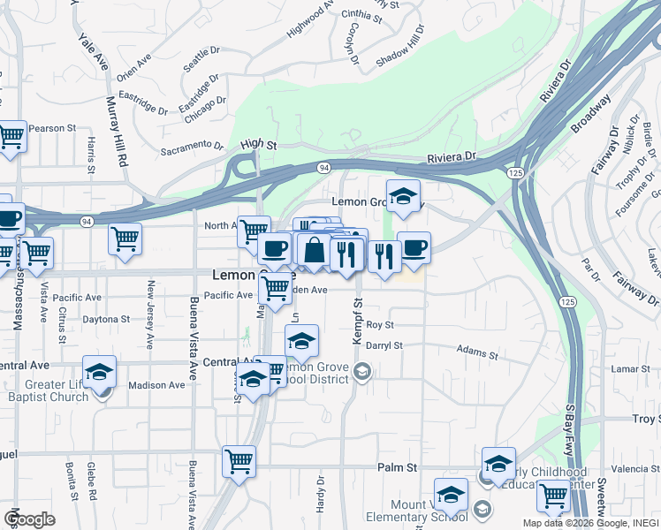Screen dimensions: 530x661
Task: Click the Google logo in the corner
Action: pyautogui.click(x=29, y=519)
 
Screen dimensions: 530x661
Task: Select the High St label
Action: pyautogui.click(x=258, y=144)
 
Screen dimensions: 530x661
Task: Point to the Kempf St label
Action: pyautogui.click(x=359, y=314)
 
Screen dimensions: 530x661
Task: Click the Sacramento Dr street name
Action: pyautogui.click(x=192, y=148)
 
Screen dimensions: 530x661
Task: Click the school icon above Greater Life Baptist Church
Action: pyautogui.click(x=100, y=372)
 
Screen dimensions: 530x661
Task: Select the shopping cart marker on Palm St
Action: pyautogui.click(x=239, y=461)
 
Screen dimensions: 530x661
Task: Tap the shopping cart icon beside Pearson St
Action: pyautogui.click(x=11, y=138)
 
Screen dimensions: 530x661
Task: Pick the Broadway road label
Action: pyautogui.click(x=590, y=114)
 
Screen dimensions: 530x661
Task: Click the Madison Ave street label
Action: pyautogui.click(x=156, y=384)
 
